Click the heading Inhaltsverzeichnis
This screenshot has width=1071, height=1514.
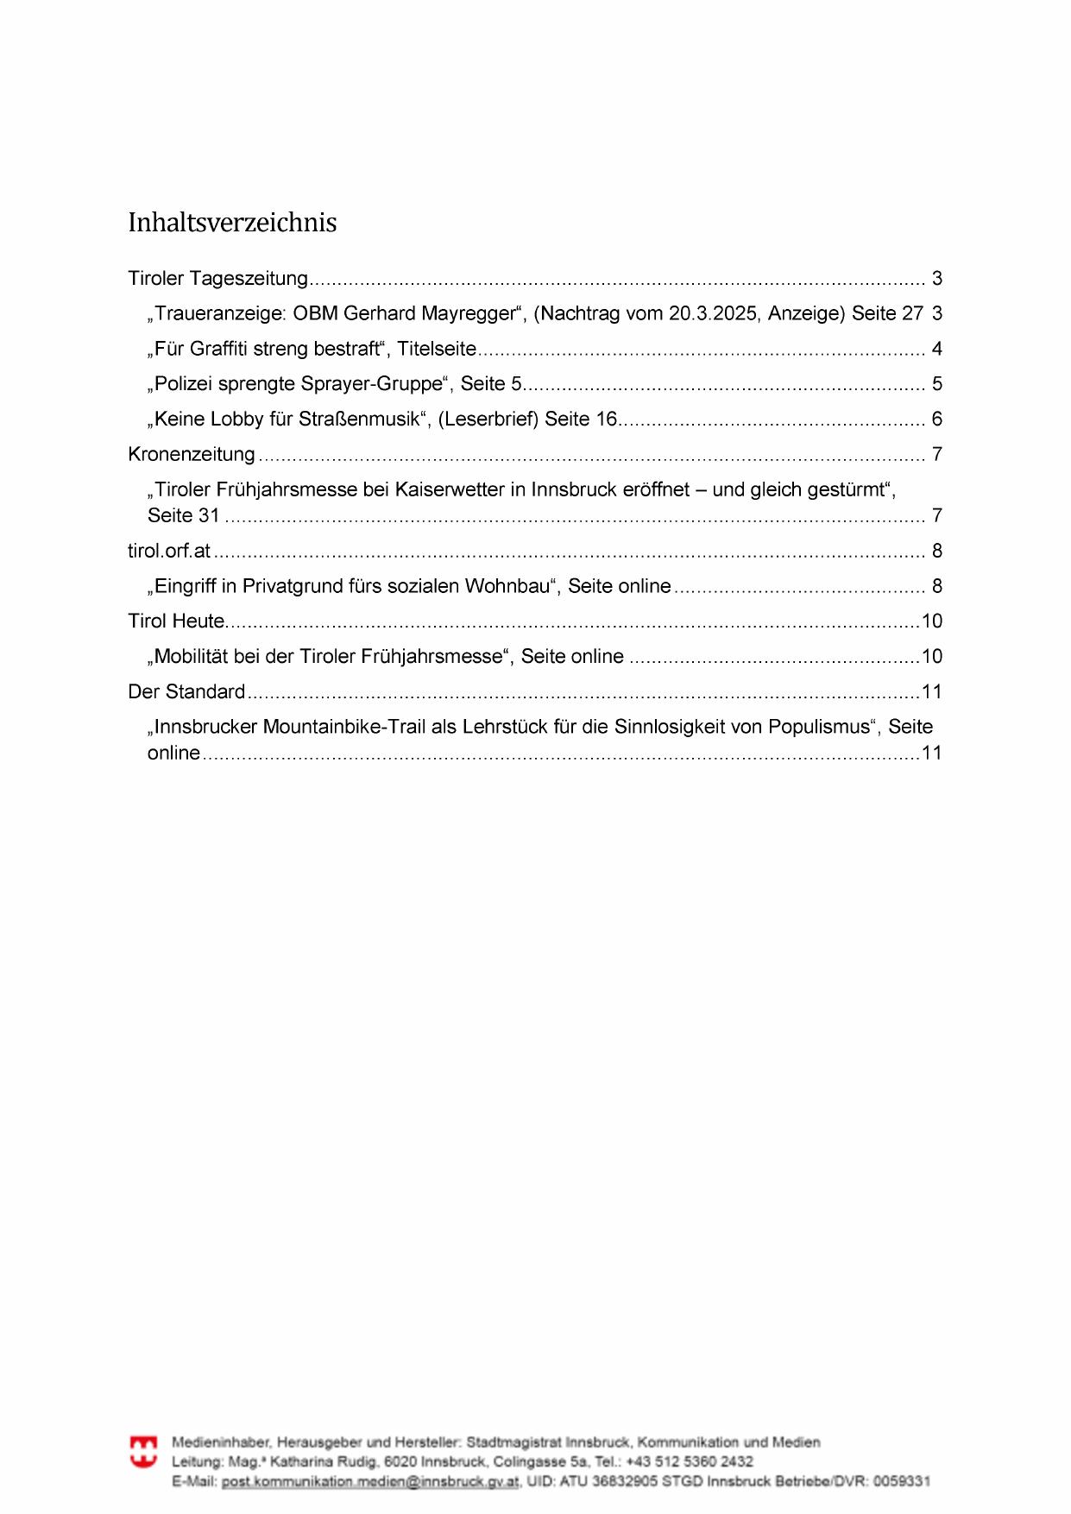(232, 223)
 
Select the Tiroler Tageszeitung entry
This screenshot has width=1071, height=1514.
(217, 279)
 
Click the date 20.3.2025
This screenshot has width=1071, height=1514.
(712, 314)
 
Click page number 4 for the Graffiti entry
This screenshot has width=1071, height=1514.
(936, 350)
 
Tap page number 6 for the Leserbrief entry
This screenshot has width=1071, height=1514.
(936, 420)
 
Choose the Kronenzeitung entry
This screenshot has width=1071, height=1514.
(192, 455)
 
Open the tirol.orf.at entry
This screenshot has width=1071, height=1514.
(169, 552)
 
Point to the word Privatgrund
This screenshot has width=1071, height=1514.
(293, 587)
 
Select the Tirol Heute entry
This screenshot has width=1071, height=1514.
(176, 621)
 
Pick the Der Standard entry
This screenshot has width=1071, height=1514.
(186, 692)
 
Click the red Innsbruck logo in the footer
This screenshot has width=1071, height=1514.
(143, 1452)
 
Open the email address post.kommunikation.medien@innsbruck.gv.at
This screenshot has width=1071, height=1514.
(370, 1481)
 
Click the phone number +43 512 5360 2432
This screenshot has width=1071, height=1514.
(689, 1462)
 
